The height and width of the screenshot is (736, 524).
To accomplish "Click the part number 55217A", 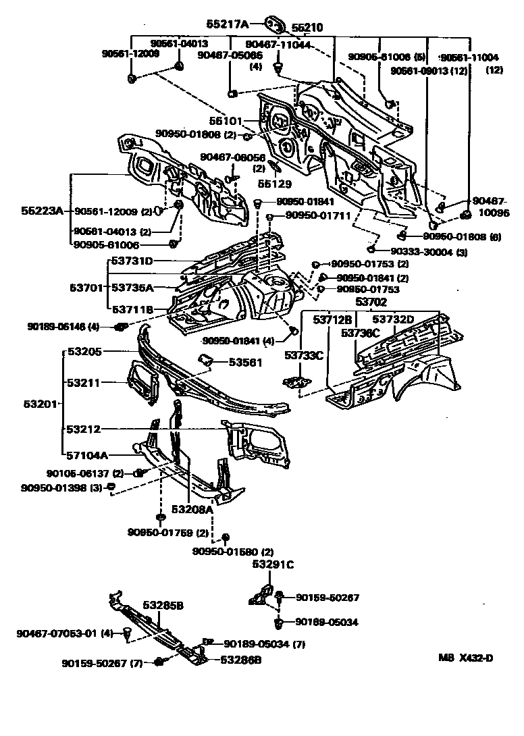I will pyautogui.click(x=228, y=24).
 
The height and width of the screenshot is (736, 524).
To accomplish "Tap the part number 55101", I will pyautogui.click(x=225, y=122).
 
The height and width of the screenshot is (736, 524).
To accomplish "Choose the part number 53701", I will pyautogui.click(x=86, y=288).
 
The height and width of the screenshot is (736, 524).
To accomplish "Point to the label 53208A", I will pyautogui.click(x=192, y=509).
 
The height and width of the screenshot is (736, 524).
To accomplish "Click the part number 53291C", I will pyautogui.click(x=273, y=564).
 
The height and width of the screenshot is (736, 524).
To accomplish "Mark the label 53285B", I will pyautogui.click(x=163, y=606).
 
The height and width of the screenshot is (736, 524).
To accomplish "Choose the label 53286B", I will pyautogui.click(x=240, y=660).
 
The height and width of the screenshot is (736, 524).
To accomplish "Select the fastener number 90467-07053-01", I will pyautogui.click(x=57, y=633).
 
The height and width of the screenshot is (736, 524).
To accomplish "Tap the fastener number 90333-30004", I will pyautogui.click(x=414, y=252).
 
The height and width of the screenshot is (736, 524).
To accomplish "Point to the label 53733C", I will pyautogui.click(x=304, y=354).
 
